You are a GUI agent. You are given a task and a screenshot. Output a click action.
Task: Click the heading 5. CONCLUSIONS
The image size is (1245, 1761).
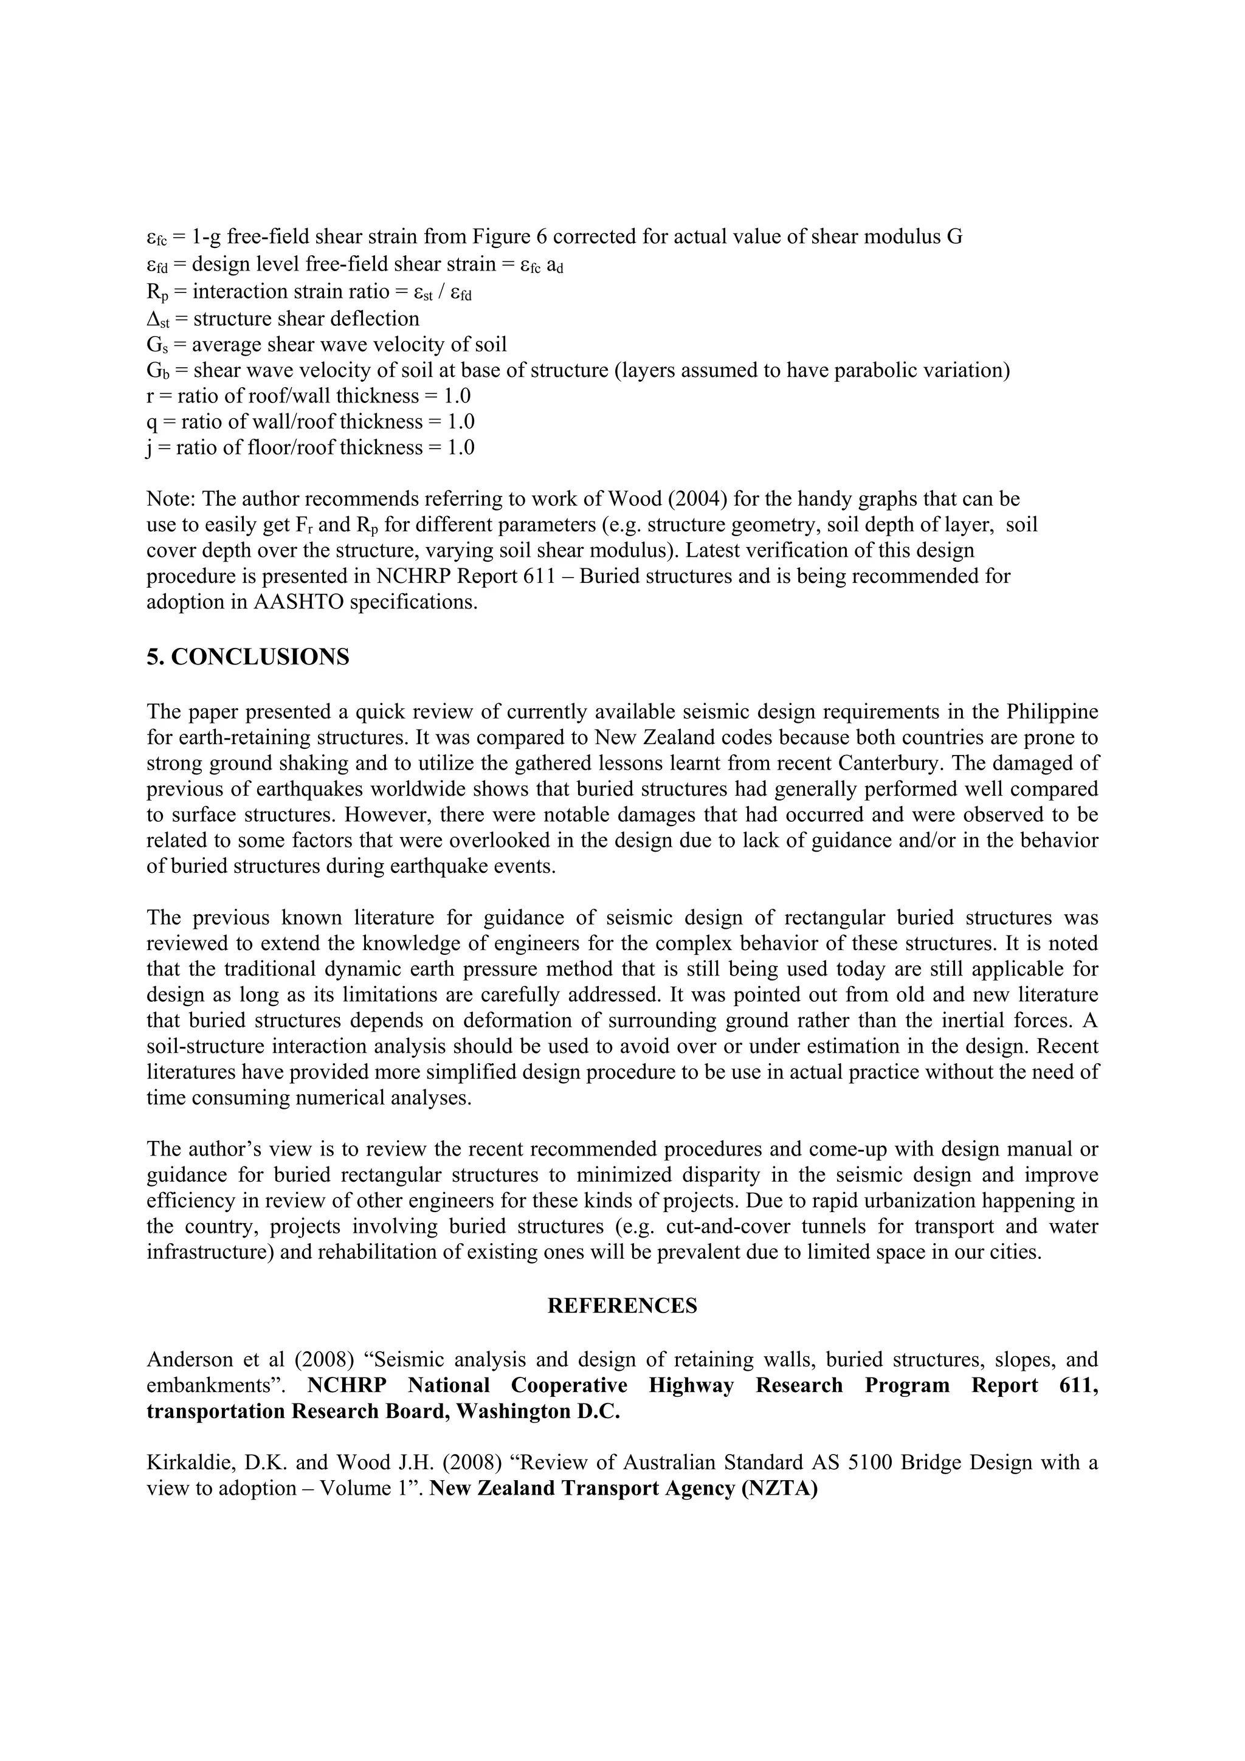pos(248,657)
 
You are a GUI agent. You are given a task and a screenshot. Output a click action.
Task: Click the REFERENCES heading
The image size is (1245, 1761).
pos(622,1306)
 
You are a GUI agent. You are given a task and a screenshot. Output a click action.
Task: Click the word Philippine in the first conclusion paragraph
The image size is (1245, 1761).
pos(1051,712)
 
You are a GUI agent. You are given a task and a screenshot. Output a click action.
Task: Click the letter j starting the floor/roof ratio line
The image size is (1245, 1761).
pos(150,448)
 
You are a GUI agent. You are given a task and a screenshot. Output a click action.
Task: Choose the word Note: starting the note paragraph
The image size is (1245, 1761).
pos(172,499)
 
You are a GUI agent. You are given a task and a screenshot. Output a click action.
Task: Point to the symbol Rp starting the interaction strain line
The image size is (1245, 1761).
pos(156,293)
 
